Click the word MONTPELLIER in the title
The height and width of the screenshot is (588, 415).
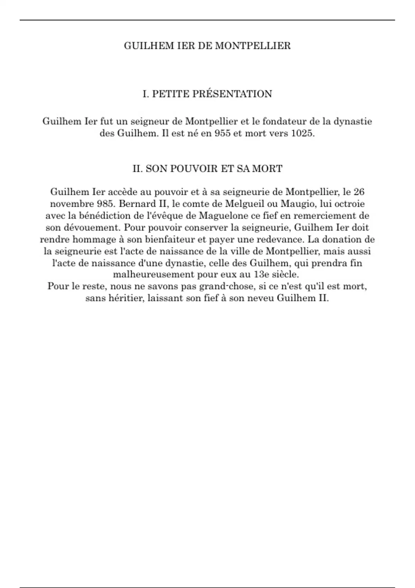(253, 46)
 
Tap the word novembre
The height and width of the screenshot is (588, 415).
(71, 203)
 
